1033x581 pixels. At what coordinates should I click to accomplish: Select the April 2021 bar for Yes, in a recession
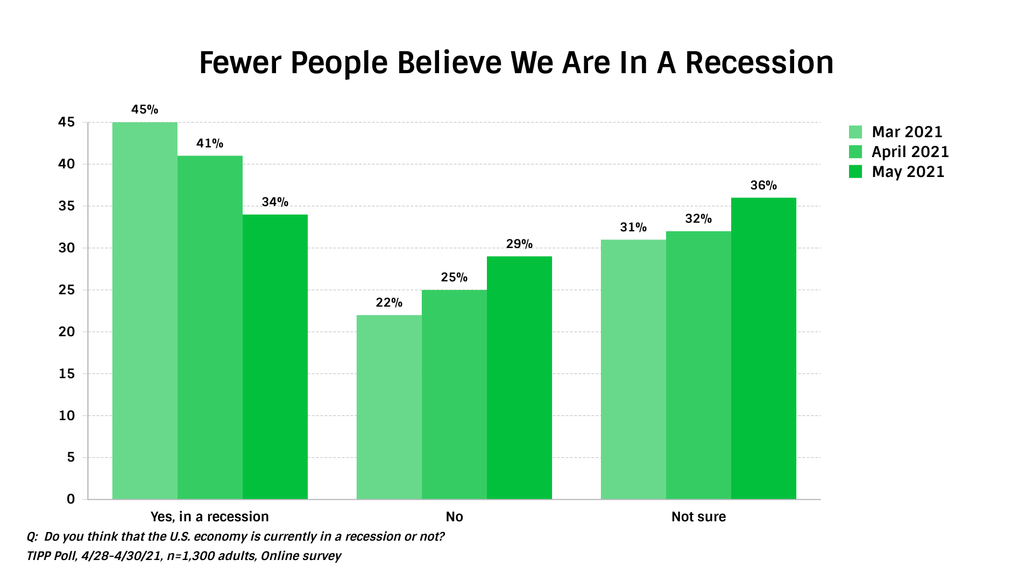click(x=210, y=328)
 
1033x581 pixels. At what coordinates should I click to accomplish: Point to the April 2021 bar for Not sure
click(x=698, y=365)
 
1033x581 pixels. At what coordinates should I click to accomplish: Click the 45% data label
click(x=145, y=110)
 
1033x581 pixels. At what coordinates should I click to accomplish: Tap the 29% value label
click(x=519, y=244)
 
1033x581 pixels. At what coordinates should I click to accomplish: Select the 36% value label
click(x=763, y=186)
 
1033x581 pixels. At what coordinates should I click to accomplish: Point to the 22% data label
click(x=389, y=303)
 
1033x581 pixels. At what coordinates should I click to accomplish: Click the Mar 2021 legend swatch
click(x=855, y=132)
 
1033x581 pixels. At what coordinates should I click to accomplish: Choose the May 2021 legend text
click(x=908, y=172)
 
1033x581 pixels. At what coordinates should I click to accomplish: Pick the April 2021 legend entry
click(x=910, y=152)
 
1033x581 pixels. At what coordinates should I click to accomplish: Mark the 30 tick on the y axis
click(x=67, y=248)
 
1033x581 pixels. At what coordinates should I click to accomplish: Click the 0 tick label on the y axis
click(x=70, y=499)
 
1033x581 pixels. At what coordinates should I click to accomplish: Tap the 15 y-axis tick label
click(x=67, y=374)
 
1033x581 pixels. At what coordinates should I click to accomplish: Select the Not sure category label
click(x=698, y=517)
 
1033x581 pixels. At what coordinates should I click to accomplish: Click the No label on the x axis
click(x=454, y=517)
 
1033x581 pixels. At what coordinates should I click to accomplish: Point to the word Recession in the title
click(x=759, y=63)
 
